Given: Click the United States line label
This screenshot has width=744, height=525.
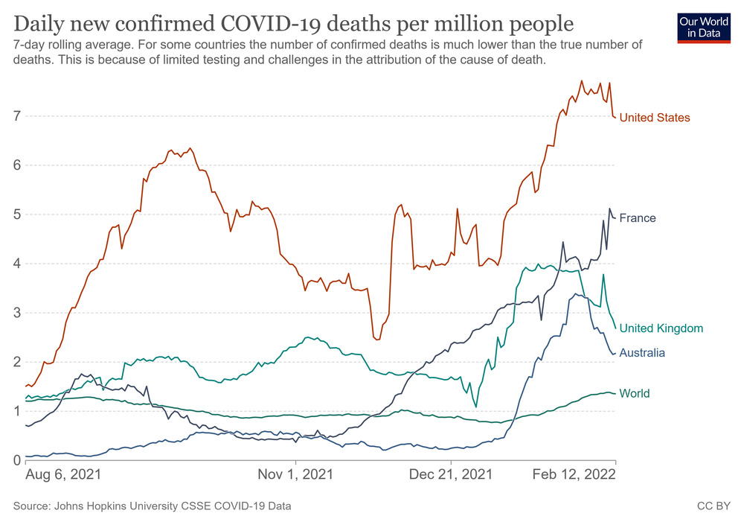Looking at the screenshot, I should coord(654,118).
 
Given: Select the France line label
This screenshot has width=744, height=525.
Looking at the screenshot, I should coord(638,218).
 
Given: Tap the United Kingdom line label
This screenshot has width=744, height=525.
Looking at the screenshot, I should coord(661,328).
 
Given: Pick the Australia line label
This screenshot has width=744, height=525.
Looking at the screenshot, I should coord(642,353).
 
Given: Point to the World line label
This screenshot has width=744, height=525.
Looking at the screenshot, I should coord(635,394).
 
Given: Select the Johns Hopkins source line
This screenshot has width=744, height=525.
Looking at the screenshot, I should coord(153,506).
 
